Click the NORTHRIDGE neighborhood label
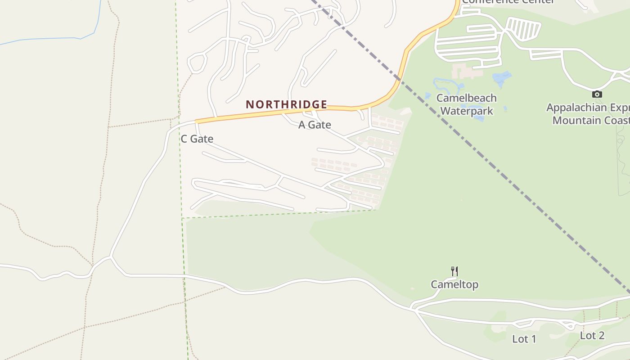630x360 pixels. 286,104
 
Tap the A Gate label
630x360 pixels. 315,125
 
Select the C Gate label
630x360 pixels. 197,139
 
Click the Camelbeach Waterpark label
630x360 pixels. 467,104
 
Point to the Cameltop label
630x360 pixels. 454,284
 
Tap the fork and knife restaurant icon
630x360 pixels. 454,271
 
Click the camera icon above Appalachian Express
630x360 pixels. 597,94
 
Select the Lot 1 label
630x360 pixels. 524,339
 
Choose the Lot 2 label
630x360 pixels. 592,336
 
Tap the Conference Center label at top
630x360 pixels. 508,2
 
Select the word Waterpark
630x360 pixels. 467,111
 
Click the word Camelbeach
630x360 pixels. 467,98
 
